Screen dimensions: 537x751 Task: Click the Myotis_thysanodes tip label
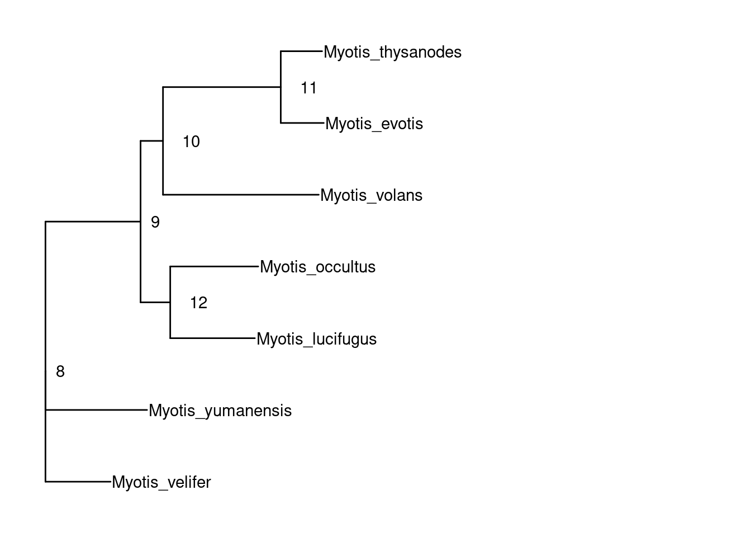tap(392, 53)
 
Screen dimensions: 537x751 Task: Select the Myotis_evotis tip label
tap(374, 124)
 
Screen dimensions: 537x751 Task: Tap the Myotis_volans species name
tap(371, 196)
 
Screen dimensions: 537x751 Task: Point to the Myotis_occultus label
tap(317, 267)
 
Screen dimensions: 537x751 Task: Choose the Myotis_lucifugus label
tap(316, 339)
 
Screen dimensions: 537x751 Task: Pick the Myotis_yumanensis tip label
tap(220, 411)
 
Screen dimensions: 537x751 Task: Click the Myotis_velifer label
tap(161, 482)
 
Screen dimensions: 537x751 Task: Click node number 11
tap(308, 88)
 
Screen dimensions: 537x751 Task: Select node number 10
tap(191, 142)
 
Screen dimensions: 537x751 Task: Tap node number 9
tap(155, 223)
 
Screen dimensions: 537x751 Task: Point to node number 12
tap(198, 303)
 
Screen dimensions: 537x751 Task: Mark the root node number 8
tap(60, 371)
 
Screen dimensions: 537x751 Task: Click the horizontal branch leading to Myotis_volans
tap(240, 195)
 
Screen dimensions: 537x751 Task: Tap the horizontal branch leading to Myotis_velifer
tap(78, 481)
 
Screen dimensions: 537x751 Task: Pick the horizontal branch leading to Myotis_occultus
tap(215, 266)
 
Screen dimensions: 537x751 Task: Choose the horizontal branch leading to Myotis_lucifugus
tap(212, 338)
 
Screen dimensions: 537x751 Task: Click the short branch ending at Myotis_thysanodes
tap(302, 51)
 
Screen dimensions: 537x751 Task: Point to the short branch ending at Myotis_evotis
tap(302, 123)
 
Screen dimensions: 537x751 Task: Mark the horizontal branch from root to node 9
tap(93, 222)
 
